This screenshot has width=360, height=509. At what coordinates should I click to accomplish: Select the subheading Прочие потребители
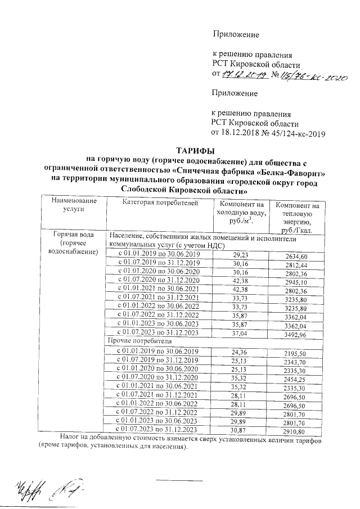pyautogui.click(x=137, y=341)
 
